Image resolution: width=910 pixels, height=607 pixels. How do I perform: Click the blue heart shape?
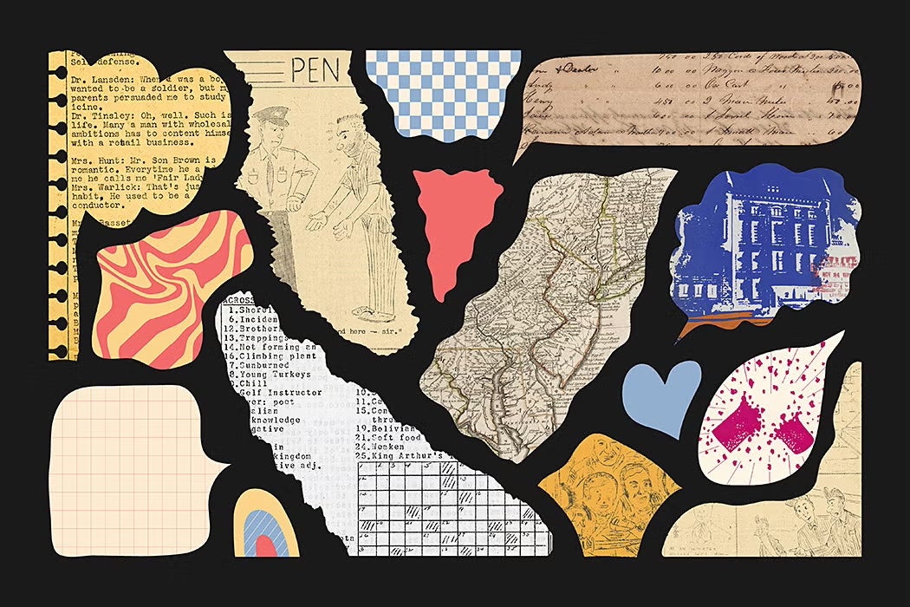point(662,395)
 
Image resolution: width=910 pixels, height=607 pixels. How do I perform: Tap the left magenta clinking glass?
point(730,427)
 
